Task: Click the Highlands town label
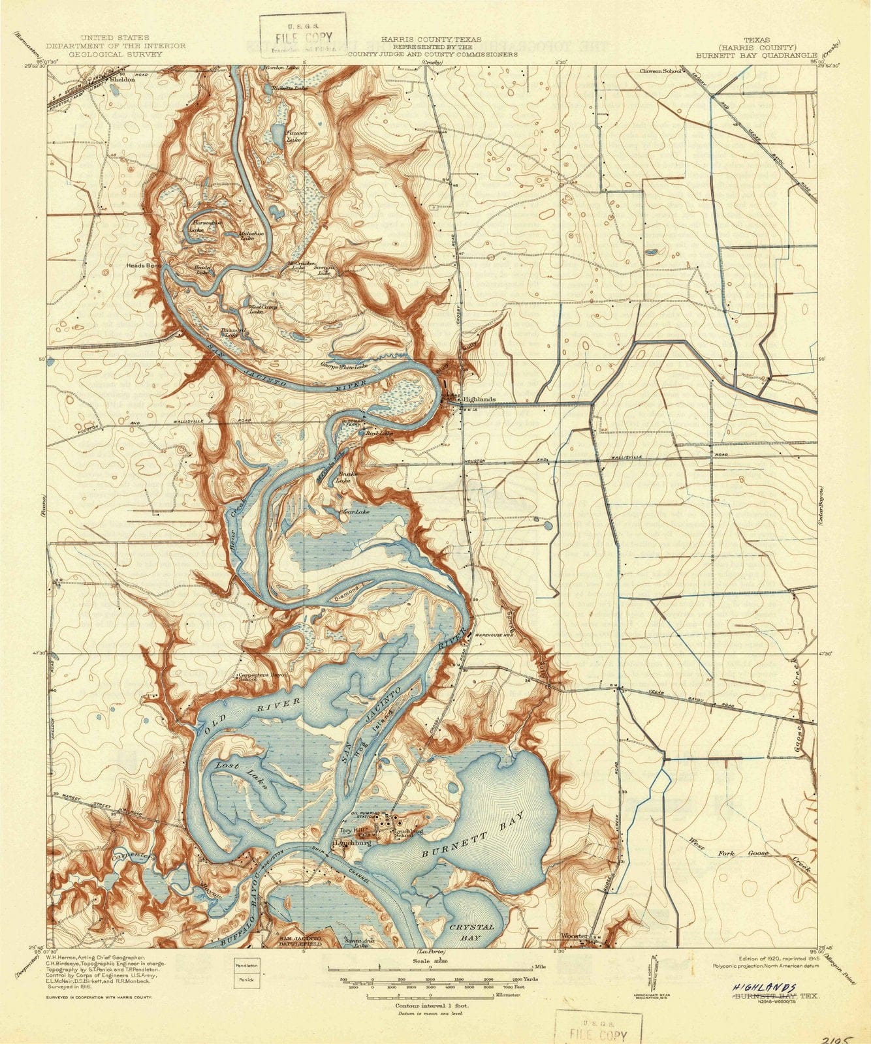(x=479, y=399)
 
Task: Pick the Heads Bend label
(x=144, y=266)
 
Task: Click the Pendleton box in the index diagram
(x=247, y=964)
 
